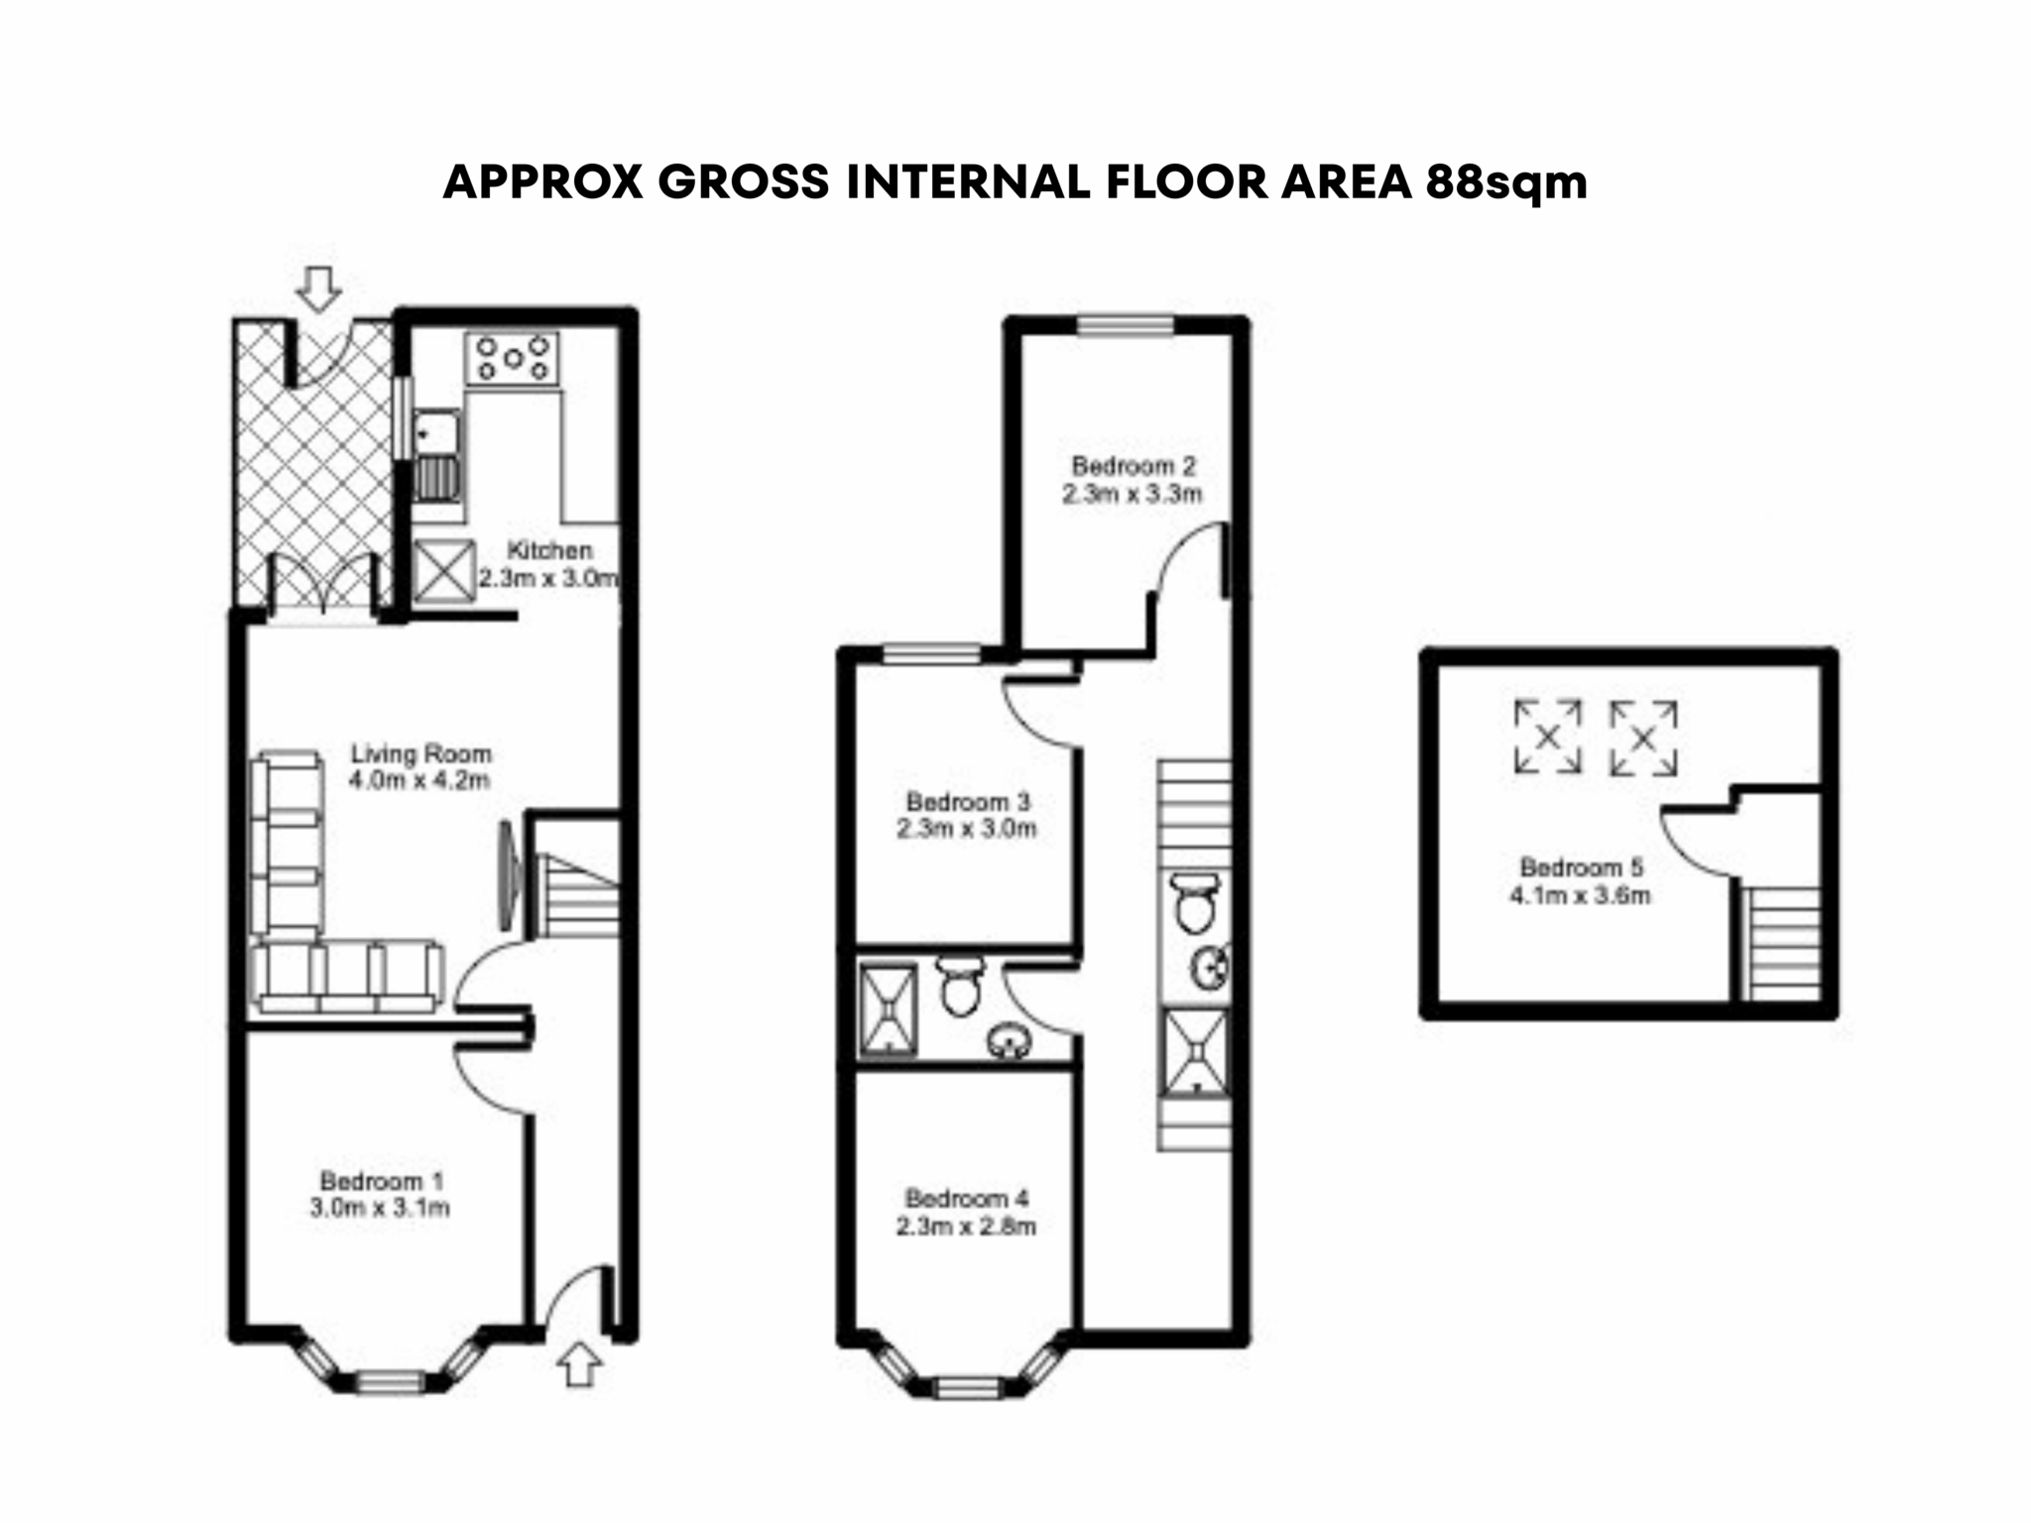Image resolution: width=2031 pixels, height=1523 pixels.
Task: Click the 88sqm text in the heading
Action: coord(1506,183)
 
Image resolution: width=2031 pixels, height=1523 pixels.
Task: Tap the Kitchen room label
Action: coord(549,550)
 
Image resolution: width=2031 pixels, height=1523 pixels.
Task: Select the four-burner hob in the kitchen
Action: coord(513,358)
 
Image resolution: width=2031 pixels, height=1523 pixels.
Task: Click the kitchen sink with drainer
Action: coord(437,466)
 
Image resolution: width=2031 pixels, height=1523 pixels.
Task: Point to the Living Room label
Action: coord(420,754)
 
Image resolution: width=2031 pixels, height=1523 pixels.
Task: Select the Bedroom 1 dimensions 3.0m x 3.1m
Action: coord(380,1208)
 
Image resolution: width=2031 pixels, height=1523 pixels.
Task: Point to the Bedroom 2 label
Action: coord(1134,465)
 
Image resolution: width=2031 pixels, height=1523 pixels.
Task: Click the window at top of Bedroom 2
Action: coord(1126,325)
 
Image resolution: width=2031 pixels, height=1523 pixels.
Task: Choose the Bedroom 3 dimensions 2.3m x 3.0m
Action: coord(967,828)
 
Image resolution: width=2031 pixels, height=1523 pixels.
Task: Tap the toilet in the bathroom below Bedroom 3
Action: coord(959,985)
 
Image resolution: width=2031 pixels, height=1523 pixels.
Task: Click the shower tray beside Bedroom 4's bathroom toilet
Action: coord(890,1007)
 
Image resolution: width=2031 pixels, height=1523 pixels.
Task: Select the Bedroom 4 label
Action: coord(967,1198)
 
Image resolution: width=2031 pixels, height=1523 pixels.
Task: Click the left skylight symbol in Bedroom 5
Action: coord(1547,737)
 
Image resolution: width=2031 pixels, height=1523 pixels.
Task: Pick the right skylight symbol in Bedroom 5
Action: coord(1643,738)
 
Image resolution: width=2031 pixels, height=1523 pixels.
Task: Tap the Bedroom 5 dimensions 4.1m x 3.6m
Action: coord(1580,895)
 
